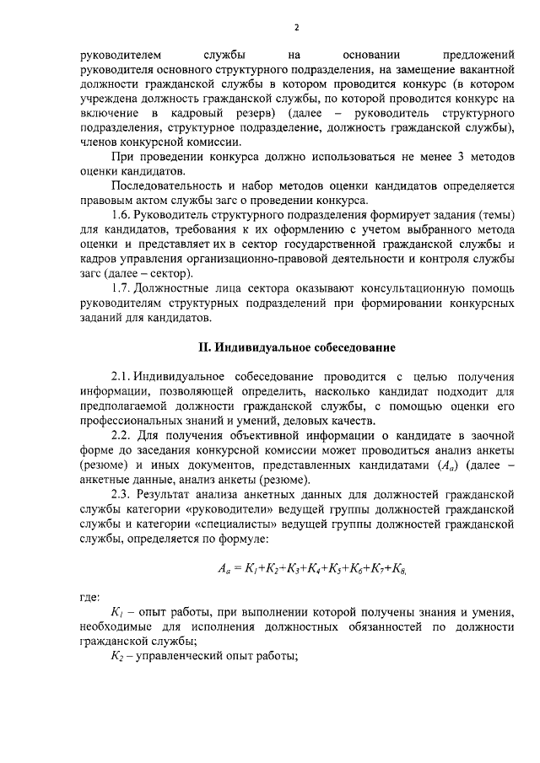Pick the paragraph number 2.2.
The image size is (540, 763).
[124, 434]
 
